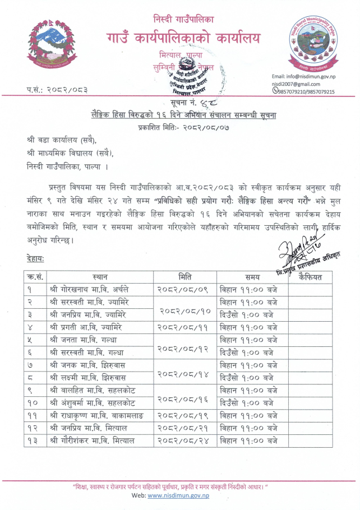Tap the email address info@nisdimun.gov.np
coord(304,76)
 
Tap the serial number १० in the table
coord(33,403)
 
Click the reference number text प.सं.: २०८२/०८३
coord(57,90)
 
